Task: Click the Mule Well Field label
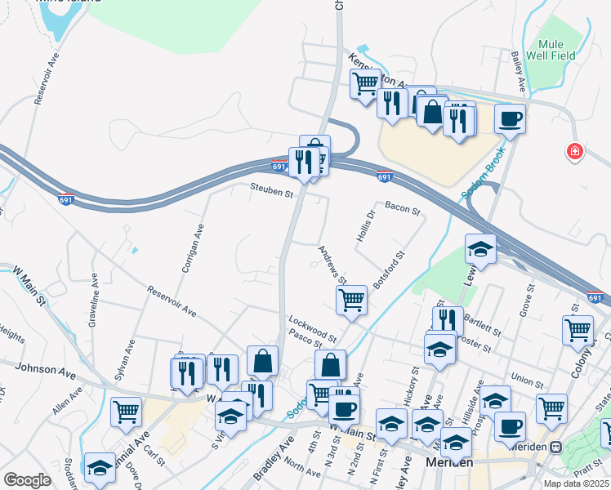coord(556,49)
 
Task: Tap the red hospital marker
coord(576,152)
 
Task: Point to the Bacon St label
coord(402,211)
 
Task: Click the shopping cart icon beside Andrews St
coord(351,300)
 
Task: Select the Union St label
coord(526,381)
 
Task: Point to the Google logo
coord(27,480)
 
